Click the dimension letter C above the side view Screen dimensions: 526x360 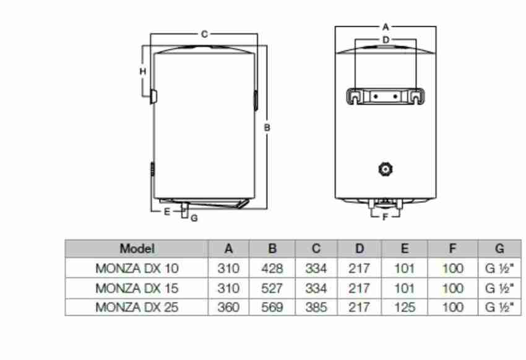[x=204, y=34]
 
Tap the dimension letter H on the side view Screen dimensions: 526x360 [x=143, y=71]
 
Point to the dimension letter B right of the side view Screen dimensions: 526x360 [x=267, y=127]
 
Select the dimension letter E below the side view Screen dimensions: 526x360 [x=166, y=212]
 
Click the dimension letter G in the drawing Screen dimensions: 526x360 [x=194, y=218]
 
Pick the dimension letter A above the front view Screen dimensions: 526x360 [x=386, y=27]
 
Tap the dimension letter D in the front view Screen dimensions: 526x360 [x=386, y=40]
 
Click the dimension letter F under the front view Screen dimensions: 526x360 [x=385, y=217]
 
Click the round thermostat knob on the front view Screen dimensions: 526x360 [x=386, y=169]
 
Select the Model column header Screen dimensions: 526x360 [x=137, y=249]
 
